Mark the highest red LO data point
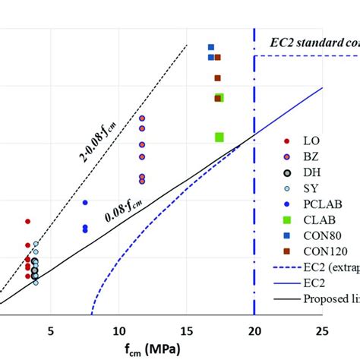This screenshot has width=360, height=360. click(28, 221)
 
